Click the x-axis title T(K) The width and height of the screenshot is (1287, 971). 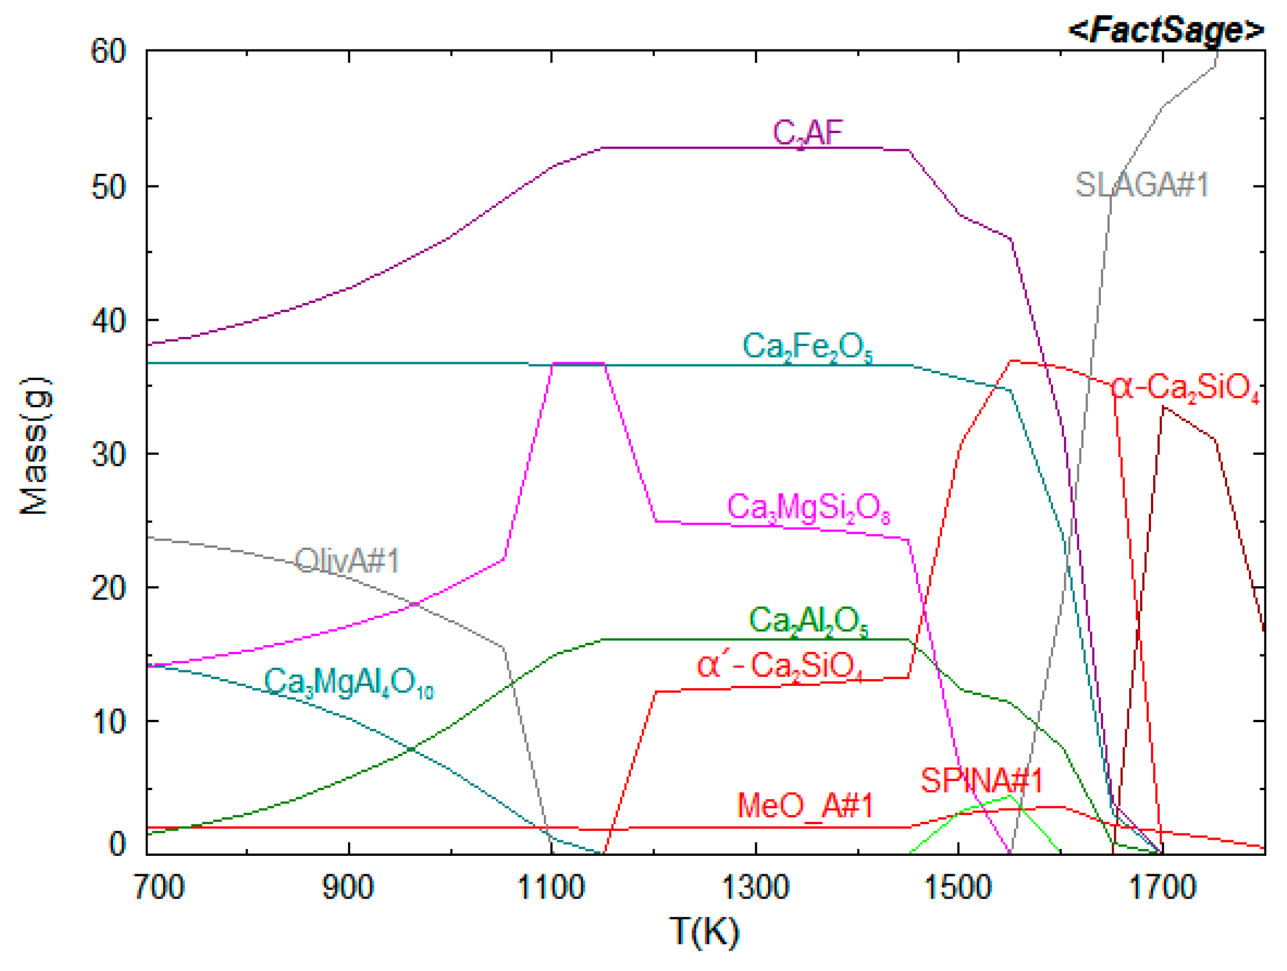pyautogui.click(x=704, y=931)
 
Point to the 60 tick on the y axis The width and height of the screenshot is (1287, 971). pyautogui.click(x=109, y=51)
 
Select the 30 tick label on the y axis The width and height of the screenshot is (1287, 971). pyautogui.click(x=109, y=453)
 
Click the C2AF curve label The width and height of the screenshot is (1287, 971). pyautogui.click(x=808, y=133)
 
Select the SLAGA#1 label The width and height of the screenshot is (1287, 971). pyautogui.click(x=1142, y=185)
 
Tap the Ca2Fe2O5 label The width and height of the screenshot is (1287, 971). pyautogui.click(x=808, y=347)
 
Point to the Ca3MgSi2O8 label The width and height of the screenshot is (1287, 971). pyautogui.click(x=809, y=508)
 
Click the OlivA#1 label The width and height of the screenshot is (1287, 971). pyautogui.click(x=347, y=561)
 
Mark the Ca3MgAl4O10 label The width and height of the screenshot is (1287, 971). pyautogui.click(x=349, y=682)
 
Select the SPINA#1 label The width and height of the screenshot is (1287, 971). pyautogui.click(x=982, y=780)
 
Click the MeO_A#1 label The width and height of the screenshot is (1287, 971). pyautogui.click(x=805, y=806)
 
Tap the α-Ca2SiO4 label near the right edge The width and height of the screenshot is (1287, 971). pyautogui.click(x=1186, y=388)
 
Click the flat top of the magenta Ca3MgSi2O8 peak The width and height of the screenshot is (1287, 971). pyautogui.click(x=578, y=363)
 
